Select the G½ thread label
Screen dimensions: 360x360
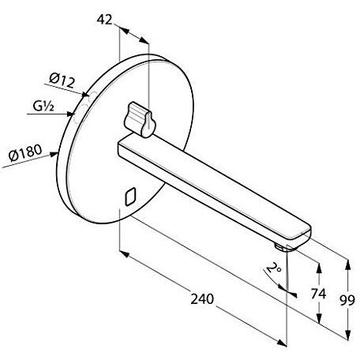(x=43, y=106)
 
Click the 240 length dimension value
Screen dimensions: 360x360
(x=201, y=300)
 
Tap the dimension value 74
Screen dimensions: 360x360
(x=317, y=294)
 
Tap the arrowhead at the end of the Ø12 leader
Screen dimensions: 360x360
(x=83, y=96)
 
